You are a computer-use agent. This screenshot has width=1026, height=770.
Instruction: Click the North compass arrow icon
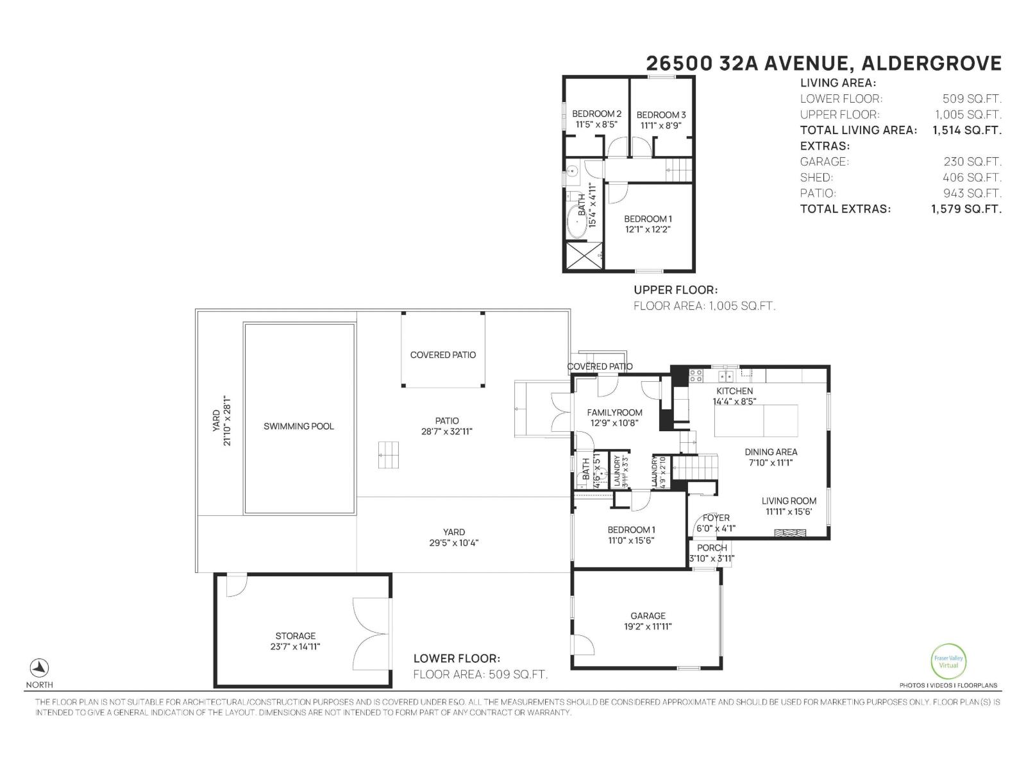(x=40, y=667)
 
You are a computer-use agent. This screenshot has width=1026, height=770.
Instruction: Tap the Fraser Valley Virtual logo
(x=948, y=661)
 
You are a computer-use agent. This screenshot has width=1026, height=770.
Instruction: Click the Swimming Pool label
(x=299, y=426)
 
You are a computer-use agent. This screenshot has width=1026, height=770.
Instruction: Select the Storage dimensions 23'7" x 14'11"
(x=295, y=647)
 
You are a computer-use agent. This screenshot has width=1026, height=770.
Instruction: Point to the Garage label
(x=648, y=615)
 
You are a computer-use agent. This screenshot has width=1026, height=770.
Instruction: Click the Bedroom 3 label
(x=660, y=115)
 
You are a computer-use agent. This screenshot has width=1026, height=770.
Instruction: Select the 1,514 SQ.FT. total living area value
(x=966, y=130)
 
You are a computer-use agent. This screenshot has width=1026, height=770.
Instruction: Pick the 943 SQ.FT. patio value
(x=971, y=193)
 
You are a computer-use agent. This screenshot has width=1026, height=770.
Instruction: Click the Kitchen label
(x=734, y=391)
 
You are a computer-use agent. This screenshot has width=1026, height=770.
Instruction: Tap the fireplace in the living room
(x=789, y=533)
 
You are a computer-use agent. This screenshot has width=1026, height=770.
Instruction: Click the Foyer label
(x=716, y=518)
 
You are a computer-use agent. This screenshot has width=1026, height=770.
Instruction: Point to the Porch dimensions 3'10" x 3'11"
(x=712, y=558)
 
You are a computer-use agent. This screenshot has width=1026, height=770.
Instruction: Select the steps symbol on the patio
(x=389, y=455)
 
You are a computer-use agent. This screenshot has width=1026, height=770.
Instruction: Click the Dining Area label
(x=771, y=452)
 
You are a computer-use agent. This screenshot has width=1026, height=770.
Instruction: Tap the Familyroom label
(x=615, y=413)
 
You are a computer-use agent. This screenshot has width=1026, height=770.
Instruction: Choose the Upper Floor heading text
(x=675, y=290)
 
